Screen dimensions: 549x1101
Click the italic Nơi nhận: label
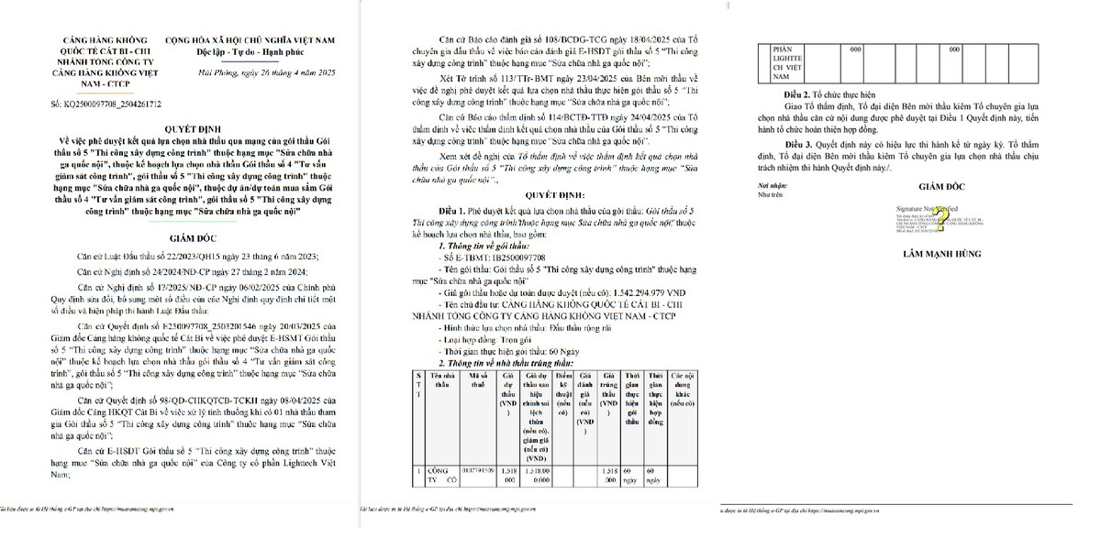point(768,185)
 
